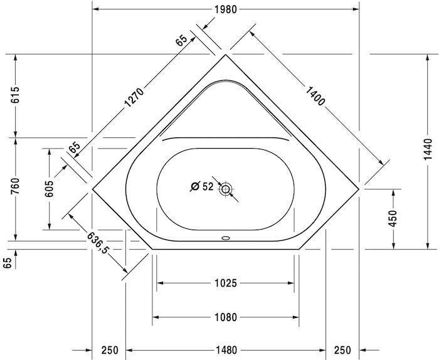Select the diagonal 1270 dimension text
pos(134,98)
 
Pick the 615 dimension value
pos(15,95)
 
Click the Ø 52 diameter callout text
pos(202,186)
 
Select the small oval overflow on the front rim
pos(226,238)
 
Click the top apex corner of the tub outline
pos(226,55)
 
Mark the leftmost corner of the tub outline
pos(93,187)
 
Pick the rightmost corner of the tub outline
pos(359,186)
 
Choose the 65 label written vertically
pos(8,263)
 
